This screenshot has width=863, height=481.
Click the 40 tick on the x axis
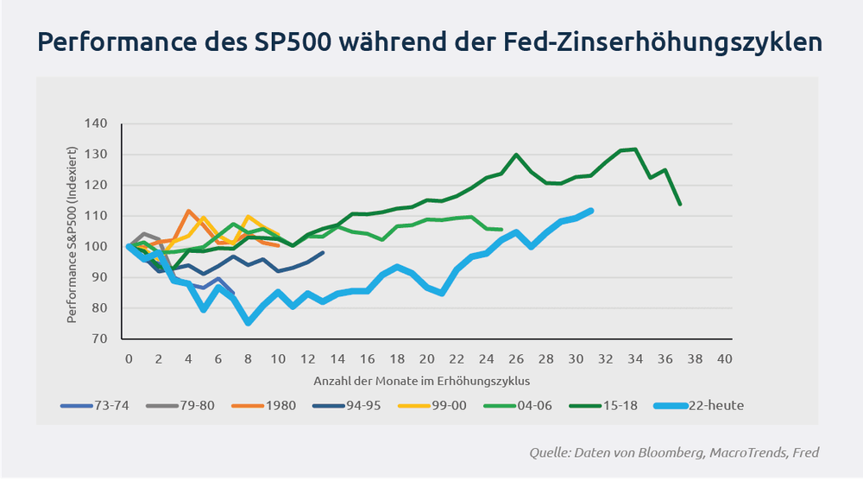(725, 358)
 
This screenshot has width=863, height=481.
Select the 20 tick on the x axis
(426, 358)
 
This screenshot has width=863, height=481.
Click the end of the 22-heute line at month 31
(590, 210)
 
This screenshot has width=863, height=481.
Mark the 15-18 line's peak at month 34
(636, 149)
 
